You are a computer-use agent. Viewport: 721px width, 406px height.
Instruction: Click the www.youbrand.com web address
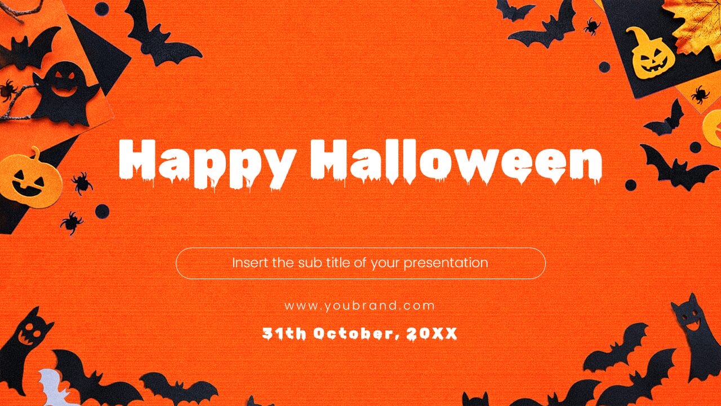pyautogui.click(x=360, y=306)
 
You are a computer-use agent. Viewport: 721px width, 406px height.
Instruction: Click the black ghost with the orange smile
pyautogui.click(x=65, y=93)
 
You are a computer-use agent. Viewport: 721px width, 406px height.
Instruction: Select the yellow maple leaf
pyautogui.click(x=696, y=23)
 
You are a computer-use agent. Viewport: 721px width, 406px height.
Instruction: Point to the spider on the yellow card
pyautogui.click(x=700, y=94)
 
